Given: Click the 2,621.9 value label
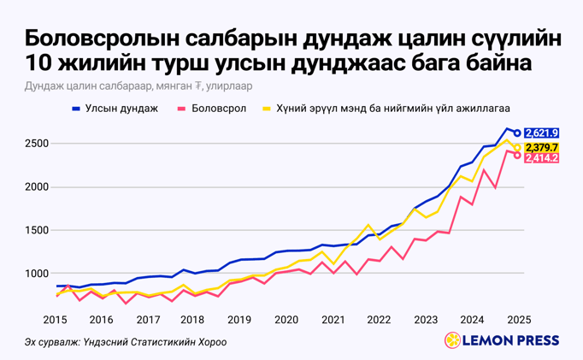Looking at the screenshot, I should click(x=542, y=133).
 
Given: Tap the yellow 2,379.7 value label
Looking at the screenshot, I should click(x=542, y=147).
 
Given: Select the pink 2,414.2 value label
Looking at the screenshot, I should click(x=542, y=158).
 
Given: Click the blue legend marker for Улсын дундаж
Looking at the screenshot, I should click(x=76, y=109).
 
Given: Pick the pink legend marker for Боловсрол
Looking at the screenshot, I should click(x=182, y=109).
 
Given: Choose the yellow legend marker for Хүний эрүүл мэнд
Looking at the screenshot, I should click(x=267, y=109).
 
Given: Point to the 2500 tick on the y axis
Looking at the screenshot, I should click(x=35, y=143).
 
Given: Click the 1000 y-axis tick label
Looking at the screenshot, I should click(x=35, y=274).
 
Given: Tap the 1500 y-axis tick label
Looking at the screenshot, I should click(x=35, y=230).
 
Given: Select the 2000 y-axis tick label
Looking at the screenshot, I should click(x=35, y=186).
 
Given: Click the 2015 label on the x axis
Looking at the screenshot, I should click(x=56, y=319).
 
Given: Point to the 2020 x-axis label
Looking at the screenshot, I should click(x=286, y=319).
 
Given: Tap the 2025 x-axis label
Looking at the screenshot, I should click(x=517, y=319).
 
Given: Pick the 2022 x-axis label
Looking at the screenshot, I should click(x=379, y=319).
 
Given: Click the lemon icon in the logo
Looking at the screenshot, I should click(x=452, y=341).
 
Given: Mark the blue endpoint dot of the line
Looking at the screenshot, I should click(x=517, y=133).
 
